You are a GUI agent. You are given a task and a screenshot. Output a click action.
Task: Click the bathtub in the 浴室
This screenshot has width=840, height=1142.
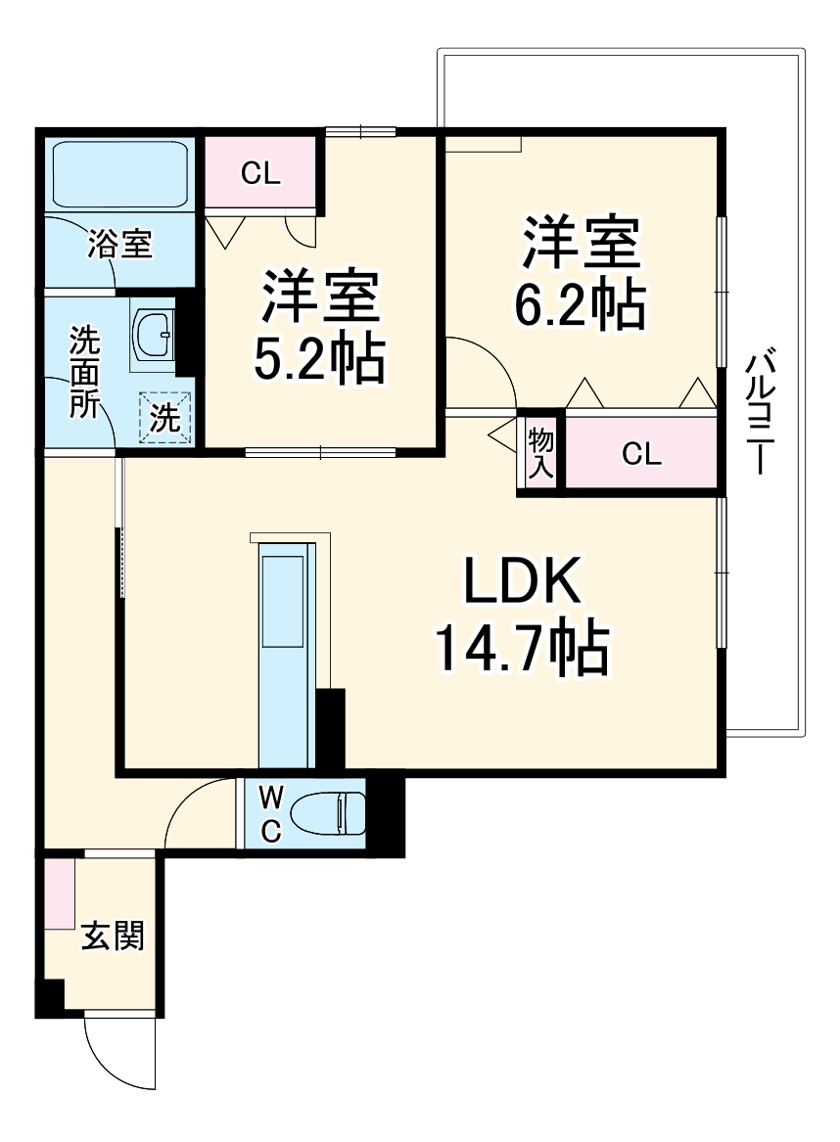pyautogui.click(x=119, y=173)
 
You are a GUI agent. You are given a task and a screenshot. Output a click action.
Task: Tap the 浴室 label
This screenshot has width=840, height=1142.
pyautogui.click(x=119, y=245)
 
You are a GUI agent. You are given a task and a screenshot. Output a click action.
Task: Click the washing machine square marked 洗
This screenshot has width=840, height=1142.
pyautogui.click(x=164, y=419)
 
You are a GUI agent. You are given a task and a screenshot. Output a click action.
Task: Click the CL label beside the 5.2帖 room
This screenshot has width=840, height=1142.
pyautogui.click(x=261, y=174)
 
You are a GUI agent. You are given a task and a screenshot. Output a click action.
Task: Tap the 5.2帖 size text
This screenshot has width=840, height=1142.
pyautogui.click(x=318, y=360)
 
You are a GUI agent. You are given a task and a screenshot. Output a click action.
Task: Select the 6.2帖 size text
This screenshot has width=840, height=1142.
pyautogui.click(x=580, y=306)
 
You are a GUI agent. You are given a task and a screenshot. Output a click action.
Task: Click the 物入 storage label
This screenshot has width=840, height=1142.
pyautogui.click(x=540, y=453)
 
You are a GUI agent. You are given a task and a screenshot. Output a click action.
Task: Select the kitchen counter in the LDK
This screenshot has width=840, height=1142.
pyautogui.click(x=284, y=656)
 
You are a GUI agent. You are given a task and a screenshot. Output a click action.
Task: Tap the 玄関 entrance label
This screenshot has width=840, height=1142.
pyautogui.click(x=113, y=936)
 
